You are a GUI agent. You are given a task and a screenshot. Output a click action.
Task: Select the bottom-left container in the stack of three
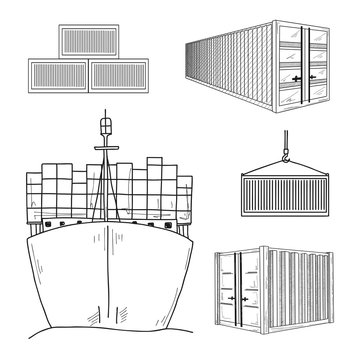click(58, 76)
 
